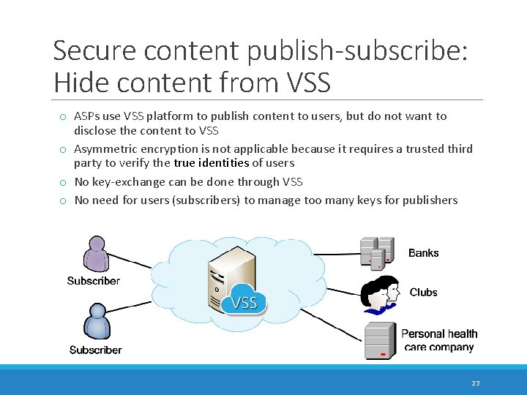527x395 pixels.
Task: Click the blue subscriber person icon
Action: point(96,322)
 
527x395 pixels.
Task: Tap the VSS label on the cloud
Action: point(244,302)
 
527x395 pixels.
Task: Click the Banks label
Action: point(423,253)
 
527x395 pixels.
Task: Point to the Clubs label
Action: point(423,293)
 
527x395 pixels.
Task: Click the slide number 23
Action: point(475,383)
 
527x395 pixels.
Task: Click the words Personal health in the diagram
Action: point(439,334)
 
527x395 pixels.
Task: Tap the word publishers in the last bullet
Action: point(429,200)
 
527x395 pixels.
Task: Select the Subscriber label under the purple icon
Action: point(94,281)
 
